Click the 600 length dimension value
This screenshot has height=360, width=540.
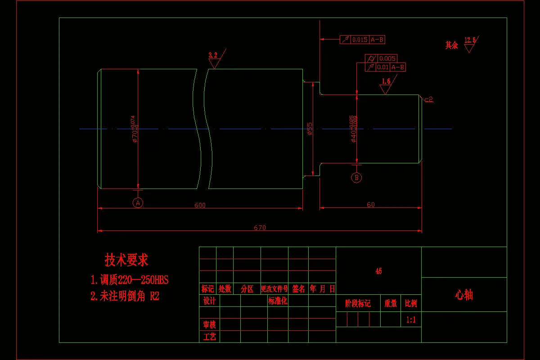tap(200, 205)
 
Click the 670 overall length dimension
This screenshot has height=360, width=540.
tap(260, 228)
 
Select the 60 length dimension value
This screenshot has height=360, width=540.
tap(370, 205)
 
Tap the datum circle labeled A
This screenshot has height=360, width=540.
tap(138, 202)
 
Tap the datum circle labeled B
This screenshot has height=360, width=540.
tap(356, 178)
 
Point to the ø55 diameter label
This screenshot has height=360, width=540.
tap(310, 129)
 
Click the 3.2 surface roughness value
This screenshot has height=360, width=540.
tap(213, 55)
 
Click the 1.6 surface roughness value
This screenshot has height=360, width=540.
tap(386, 81)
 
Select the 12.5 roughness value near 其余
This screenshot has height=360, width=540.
tap(470, 40)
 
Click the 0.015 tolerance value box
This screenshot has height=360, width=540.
tap(360, 40)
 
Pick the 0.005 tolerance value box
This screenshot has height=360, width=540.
tap(387, 58)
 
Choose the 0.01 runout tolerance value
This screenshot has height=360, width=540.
tap(382, 67)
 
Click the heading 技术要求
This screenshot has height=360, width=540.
tap(126, 260)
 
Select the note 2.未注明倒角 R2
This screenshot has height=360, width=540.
tap(125, 296)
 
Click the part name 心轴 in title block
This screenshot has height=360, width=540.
tap(464, 295)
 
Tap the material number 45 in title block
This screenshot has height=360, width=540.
tap(378, 271)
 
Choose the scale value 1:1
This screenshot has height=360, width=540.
tap(411, 319)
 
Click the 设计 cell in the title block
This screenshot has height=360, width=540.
tap(209, 301)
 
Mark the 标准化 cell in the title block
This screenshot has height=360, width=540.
tap(278, 301)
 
